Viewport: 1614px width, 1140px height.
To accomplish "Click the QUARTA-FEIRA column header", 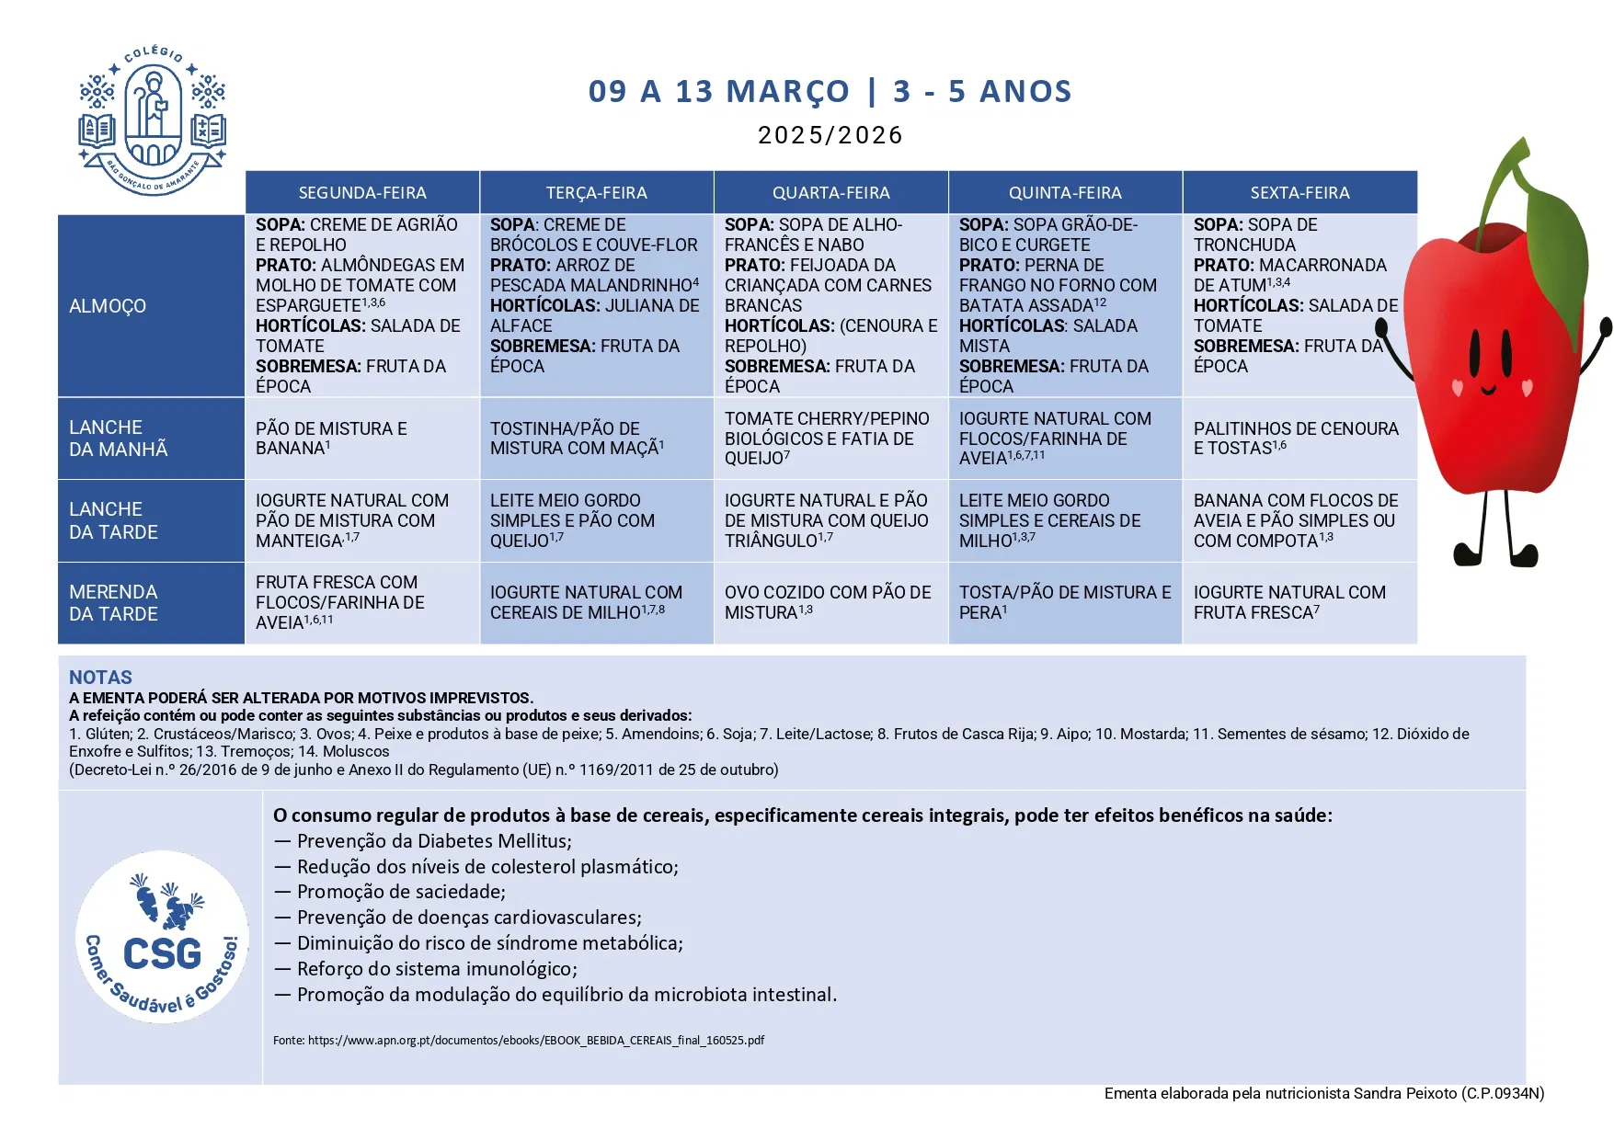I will pyautogui.click(x=830, y=193).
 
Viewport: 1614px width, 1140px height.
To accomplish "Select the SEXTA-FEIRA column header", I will pyautogui.click(x=1299, y=193).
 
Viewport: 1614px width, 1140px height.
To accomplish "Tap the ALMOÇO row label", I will pyautogui.click(x=108, y=306).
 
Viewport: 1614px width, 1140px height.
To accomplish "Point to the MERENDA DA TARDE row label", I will pyautogui.click(x=113, y=603).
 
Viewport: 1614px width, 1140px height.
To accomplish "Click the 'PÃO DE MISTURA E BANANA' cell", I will pyautogui.click(x=331, y=439).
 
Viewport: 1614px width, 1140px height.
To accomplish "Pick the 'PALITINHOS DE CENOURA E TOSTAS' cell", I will pyautogui.click(x=1295, y=439).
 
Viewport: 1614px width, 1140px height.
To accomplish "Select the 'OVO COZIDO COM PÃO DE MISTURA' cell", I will pyautogui.click(x=827, y=602).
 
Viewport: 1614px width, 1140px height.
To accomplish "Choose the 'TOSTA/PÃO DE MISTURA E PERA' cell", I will pyautogui.click(x=1064, y=602).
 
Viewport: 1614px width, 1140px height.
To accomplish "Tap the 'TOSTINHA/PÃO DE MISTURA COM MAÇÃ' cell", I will pyautogui.click(x=577, y=439).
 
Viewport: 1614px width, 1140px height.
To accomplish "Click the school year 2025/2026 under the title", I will pyautogui.click(x=830, y=135).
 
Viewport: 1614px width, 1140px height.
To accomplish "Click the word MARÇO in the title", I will pyautogui.click(x=787, y=92).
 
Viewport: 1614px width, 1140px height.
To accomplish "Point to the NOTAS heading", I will pyautogui.click(x=100, y=678).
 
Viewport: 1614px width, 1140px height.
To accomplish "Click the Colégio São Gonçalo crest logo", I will pyautogui.click(x=153, y=120).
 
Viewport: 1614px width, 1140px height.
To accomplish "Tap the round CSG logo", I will pyautogui.click(x=162, y=937).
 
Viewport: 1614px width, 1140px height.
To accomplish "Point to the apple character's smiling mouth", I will pyautogui.click(x=1489, y=390).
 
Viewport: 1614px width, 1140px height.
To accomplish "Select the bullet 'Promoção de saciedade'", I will pyautogui.click(x=400, y=892).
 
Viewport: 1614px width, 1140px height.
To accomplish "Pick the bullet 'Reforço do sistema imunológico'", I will pyautogui.click(x=436, y=969).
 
